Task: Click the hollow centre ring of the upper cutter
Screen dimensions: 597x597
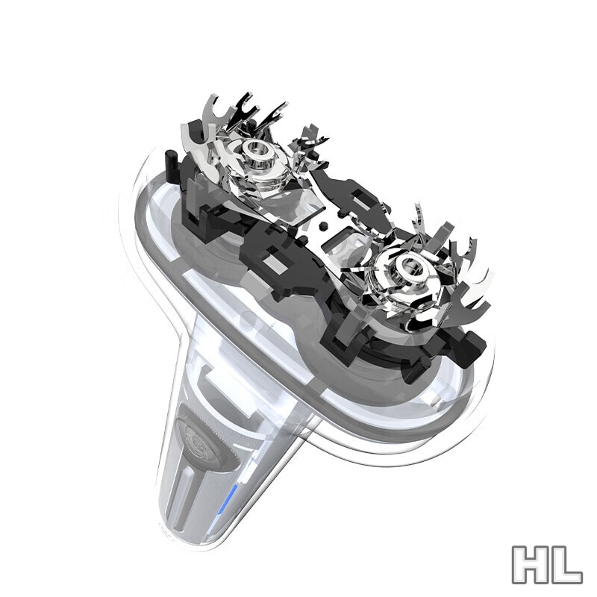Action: point(258,152)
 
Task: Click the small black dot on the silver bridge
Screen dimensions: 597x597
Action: point(324,226)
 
